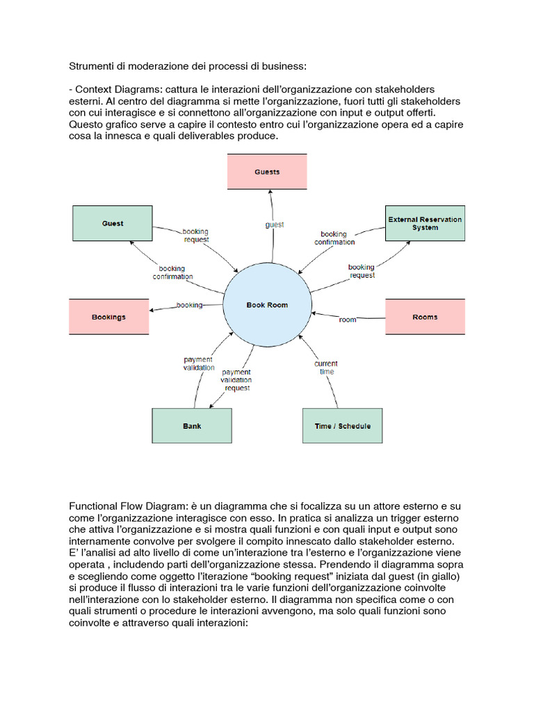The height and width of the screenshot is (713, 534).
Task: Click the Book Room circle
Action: [267, 305]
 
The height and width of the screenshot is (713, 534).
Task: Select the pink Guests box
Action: [267, 171]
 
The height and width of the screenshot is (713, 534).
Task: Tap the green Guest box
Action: [113, 224]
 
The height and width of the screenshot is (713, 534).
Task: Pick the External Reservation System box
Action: [425, 224]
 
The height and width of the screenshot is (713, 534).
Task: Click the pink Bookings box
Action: [108, 317]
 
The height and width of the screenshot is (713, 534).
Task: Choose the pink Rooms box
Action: [425, 317]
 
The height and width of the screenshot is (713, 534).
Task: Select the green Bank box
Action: [192, 425]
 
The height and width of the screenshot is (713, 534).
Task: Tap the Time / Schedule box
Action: [342, 425]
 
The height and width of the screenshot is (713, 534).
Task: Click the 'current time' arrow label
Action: [325, 368]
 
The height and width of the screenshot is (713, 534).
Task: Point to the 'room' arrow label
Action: [348, 320]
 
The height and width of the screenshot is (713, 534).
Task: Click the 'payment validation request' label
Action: [236, 380]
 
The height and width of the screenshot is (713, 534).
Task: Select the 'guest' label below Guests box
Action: [274, 225]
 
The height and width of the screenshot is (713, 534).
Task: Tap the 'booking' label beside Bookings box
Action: [189, 305]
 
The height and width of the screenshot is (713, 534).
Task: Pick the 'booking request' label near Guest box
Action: [195, 235]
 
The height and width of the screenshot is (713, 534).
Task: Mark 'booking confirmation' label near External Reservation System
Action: [334, 238]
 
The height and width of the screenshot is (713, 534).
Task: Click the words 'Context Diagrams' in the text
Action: [113, 90]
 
